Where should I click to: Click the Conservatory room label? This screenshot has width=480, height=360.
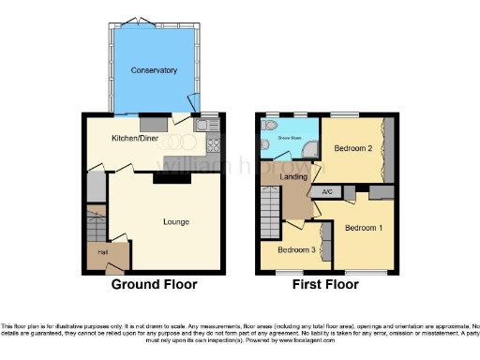(154, 70)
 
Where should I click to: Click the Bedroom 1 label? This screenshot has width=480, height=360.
(363, 228)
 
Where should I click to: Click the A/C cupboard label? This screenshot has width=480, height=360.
(327, 192)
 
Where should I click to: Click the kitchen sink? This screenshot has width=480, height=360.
(205, 125)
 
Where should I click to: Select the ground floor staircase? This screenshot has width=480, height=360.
(95, 225)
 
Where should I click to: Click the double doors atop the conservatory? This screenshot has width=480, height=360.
(153, 22)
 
